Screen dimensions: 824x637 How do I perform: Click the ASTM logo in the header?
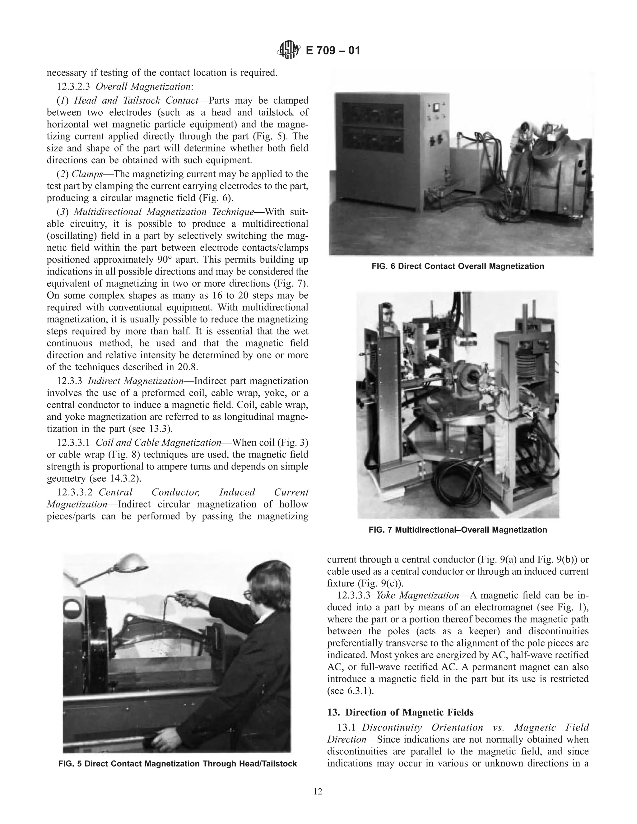289,50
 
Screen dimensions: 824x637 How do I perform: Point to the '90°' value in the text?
165,260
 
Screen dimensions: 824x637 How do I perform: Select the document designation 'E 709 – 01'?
332,50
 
